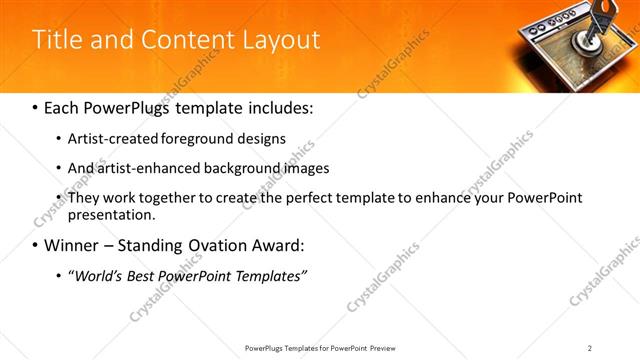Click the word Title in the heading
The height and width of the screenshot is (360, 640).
click(59, 40)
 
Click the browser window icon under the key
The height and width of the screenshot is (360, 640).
click(560, 55)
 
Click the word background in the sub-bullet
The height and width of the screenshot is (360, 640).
click(243, 168)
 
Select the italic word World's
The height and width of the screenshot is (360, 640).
click(97, 275)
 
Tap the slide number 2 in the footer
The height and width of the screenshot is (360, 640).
click(590, 348)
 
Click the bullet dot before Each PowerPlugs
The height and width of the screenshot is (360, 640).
click(36, 106)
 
